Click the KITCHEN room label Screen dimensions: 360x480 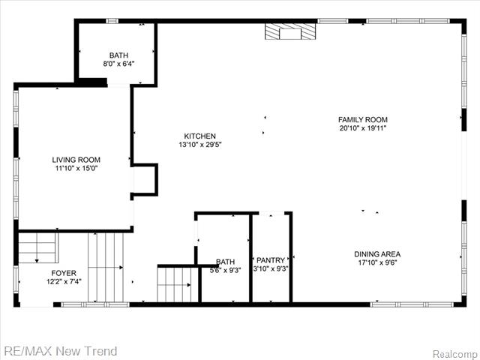[x=200, y=136]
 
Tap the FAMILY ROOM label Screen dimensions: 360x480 [x=363, y=119]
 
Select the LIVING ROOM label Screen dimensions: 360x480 [x=76, y=160]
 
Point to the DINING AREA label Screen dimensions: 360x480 [x=377, y=254]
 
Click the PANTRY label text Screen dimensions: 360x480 [x=271, y=260]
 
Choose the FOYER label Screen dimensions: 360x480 [x=64, y=273]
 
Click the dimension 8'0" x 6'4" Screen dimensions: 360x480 [x=118, y=64]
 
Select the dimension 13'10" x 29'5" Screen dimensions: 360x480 [x=200, y=145]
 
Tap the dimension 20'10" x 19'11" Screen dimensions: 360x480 [x=363, y=128]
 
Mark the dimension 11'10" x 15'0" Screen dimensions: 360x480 [x=76, y=168]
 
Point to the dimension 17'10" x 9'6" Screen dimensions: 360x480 [x=377, y=262]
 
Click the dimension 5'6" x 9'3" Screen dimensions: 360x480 [x=226, y=270]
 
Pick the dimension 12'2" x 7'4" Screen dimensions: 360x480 [x=64, y=281]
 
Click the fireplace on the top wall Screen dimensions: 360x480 [x=290, y=31]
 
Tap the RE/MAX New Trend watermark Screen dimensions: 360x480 [x=60, y=351]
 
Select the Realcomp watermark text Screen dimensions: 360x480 [x=455, y=352]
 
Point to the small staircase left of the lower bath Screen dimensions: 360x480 [x=178, y=283]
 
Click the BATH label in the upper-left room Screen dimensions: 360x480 [x=118, y=55]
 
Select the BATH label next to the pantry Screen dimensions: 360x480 [x=226, y=262]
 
